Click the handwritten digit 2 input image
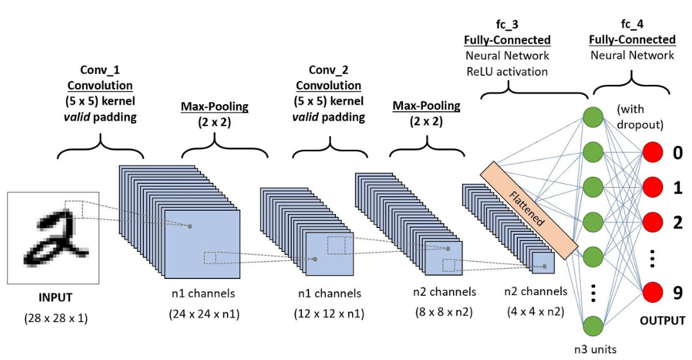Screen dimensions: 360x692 [x=53, y=237]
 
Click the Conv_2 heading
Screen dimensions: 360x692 [x=328, y=69]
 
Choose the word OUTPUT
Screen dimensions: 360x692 [x=662, y=320]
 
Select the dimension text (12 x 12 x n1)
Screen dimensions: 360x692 [x=330, y=314]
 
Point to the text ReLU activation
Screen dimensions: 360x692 [x=507, y=71]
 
